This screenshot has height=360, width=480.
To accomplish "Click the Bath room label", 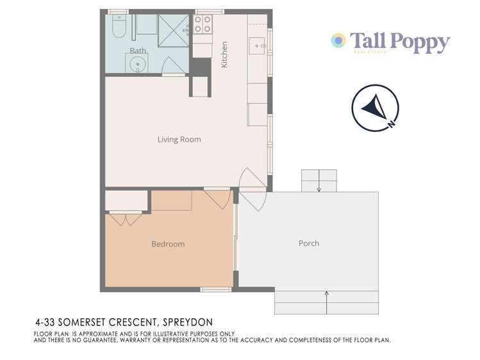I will pyautogui.click(x=138, y=50).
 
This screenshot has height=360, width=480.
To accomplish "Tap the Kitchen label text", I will pyautogui.click(x=224, y=56).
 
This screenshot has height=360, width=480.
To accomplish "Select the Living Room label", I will pyautogui.click(x=179, y=139).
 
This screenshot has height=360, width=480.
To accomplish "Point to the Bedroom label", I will pyautogui.click(x=168, y=244).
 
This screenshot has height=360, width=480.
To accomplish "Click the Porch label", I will pyautogui.click(x=309, y=243).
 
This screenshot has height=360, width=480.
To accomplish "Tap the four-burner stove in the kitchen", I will pyautogui.click(x=203, y=25).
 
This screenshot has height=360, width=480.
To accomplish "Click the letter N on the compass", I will pyautogui.click(x=391, y=124).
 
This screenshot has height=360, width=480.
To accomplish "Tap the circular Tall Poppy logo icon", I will pyautogui.click(x=338, y=41).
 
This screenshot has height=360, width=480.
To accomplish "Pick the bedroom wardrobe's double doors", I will pyautogui.click(x=126, y=219).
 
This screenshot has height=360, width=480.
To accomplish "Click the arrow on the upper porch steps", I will pyautogui.click(x=319, y=184).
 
